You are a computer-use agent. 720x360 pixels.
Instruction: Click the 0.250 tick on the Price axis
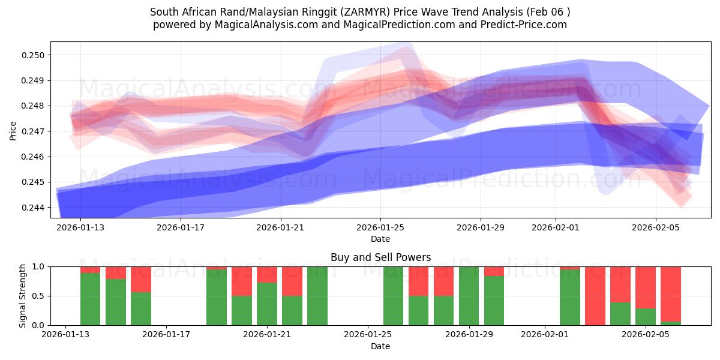pyautogui.click(x=35, y=55)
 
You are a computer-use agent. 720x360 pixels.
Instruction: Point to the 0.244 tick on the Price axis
pyautogui.click(x=35, y=208)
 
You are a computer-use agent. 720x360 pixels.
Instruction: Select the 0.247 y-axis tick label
pyautogui.click(x=35, y=131)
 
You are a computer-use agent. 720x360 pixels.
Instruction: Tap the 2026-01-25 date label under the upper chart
pyautogui.click(x=380, y=228)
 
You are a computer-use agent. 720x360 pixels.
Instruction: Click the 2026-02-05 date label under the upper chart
pyautogui.click(x=655, y=228)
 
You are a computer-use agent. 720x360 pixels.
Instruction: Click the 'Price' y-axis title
pyautogui.click(x=13, y=130)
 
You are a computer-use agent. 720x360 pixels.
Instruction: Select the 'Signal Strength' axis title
pyautogui.click(x=22, y=296)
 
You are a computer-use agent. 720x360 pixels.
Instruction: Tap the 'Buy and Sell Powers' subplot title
pyautogui.click(x=380, y=257)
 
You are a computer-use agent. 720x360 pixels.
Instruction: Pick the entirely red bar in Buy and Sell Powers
pyautogui.click(x=595, y=296)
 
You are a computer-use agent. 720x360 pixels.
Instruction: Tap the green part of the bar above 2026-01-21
pyautogui.click(x=267, y=304)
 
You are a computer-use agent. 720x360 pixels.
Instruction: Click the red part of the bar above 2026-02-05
pyautogui.click(x=646, y=287)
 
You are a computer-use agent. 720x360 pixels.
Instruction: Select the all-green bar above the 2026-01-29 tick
pyautogui.click(x=469, y=296)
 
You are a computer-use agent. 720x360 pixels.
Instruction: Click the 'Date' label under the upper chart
pyautogui.click(x=380, y=239)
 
